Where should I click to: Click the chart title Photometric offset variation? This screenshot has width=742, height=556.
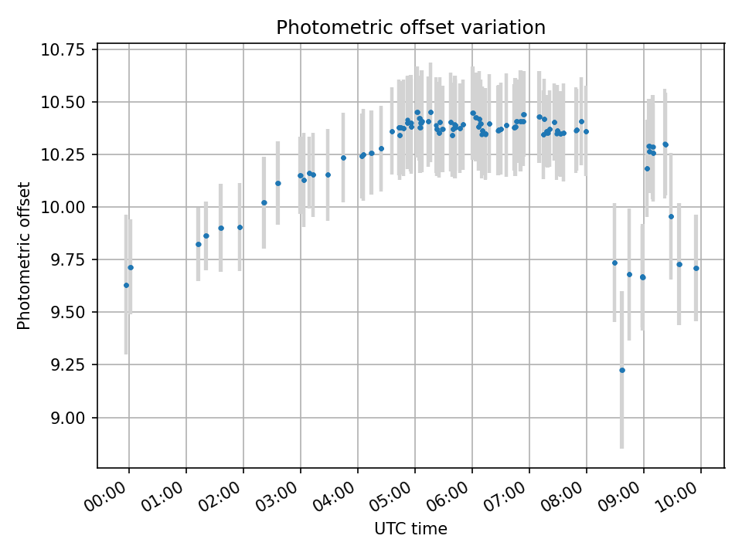[410, 28]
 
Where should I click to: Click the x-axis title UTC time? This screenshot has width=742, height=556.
[410, 529]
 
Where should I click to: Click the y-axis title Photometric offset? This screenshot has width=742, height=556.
[24, 256]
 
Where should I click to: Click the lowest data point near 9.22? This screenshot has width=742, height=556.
[621, 370]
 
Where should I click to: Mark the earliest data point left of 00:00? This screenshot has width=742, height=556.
[126, 285]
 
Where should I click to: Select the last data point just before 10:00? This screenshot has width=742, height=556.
[696, 268]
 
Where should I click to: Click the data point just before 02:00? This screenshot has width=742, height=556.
[240, 227]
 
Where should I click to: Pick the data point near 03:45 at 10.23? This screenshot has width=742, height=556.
[343, 158]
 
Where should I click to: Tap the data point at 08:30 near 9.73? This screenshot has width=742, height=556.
[614, 263]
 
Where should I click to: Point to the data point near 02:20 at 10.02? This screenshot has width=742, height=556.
[264, 202]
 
